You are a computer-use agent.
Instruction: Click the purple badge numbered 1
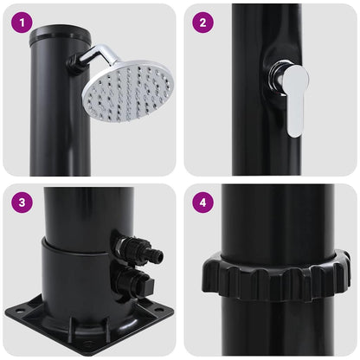coord(23,23)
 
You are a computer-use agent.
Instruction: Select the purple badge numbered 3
coord(23,203)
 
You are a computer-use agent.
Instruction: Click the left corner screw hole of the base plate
coord(22,307)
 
